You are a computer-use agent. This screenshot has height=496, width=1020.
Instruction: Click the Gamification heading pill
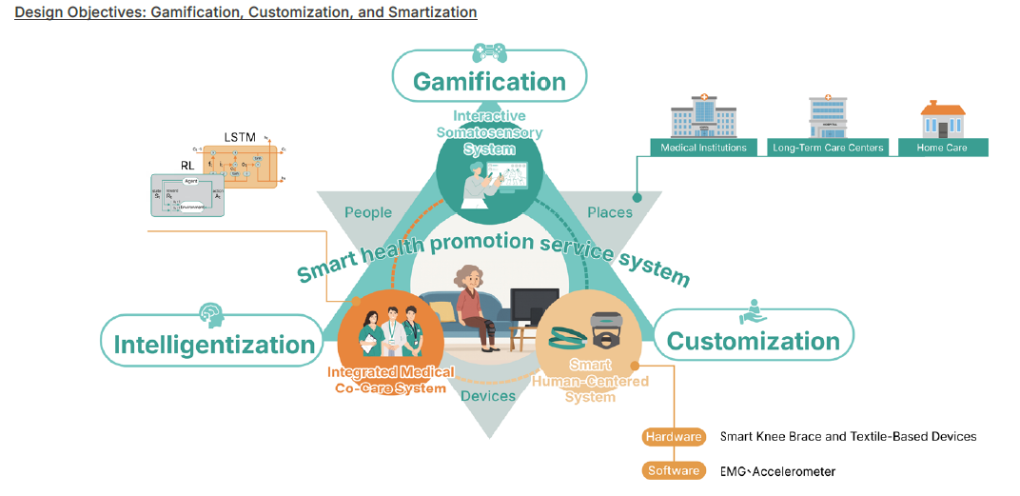(489, 82)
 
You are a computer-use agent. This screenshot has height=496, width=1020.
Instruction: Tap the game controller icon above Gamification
(490, 50)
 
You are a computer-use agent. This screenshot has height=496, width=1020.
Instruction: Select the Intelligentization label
(214, 345)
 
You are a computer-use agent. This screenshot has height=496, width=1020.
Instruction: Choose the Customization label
(753, 341)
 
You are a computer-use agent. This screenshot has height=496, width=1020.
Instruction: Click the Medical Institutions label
(704, 148)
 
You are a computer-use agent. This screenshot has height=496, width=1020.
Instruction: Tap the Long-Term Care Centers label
(828, 148)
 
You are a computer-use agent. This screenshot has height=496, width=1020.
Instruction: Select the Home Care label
(942, 148)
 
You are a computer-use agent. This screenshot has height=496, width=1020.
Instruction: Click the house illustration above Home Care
(942, 118)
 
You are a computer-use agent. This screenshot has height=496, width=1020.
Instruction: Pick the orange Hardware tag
(674, 437)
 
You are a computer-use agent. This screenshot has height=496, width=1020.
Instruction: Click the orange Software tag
(674, 470)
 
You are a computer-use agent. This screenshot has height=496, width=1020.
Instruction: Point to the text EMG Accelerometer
(777, 471)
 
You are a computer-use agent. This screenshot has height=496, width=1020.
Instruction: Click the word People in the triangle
(368, 212)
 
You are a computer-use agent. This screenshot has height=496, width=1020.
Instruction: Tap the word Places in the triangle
(610, 212)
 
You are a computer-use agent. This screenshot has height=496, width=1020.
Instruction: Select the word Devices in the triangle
(488, 395)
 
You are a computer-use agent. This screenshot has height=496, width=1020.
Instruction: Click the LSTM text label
(241, 137)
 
